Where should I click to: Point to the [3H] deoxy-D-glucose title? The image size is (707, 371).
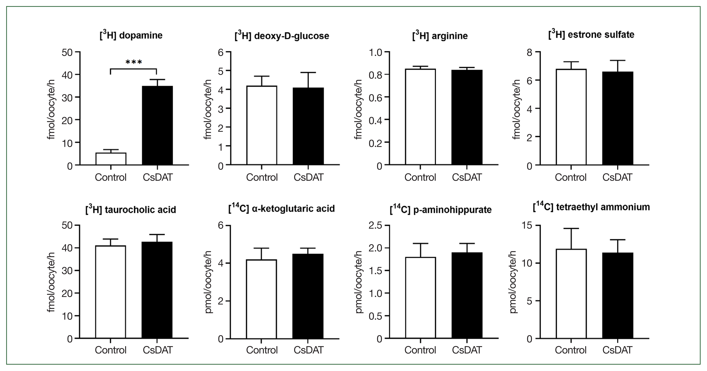[282, 36]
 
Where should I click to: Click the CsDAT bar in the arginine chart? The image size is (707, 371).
[467, 117]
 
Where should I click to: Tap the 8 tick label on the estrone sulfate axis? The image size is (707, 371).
[529, 52]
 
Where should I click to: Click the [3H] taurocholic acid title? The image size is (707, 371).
[131, 210]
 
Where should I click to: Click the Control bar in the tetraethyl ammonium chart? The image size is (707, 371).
[571, 294]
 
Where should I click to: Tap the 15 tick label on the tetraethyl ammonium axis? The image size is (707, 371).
[526, 225]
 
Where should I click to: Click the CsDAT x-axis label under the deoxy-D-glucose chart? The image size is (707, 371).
[308, 177]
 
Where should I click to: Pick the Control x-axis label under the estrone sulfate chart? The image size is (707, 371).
[571, 177]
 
